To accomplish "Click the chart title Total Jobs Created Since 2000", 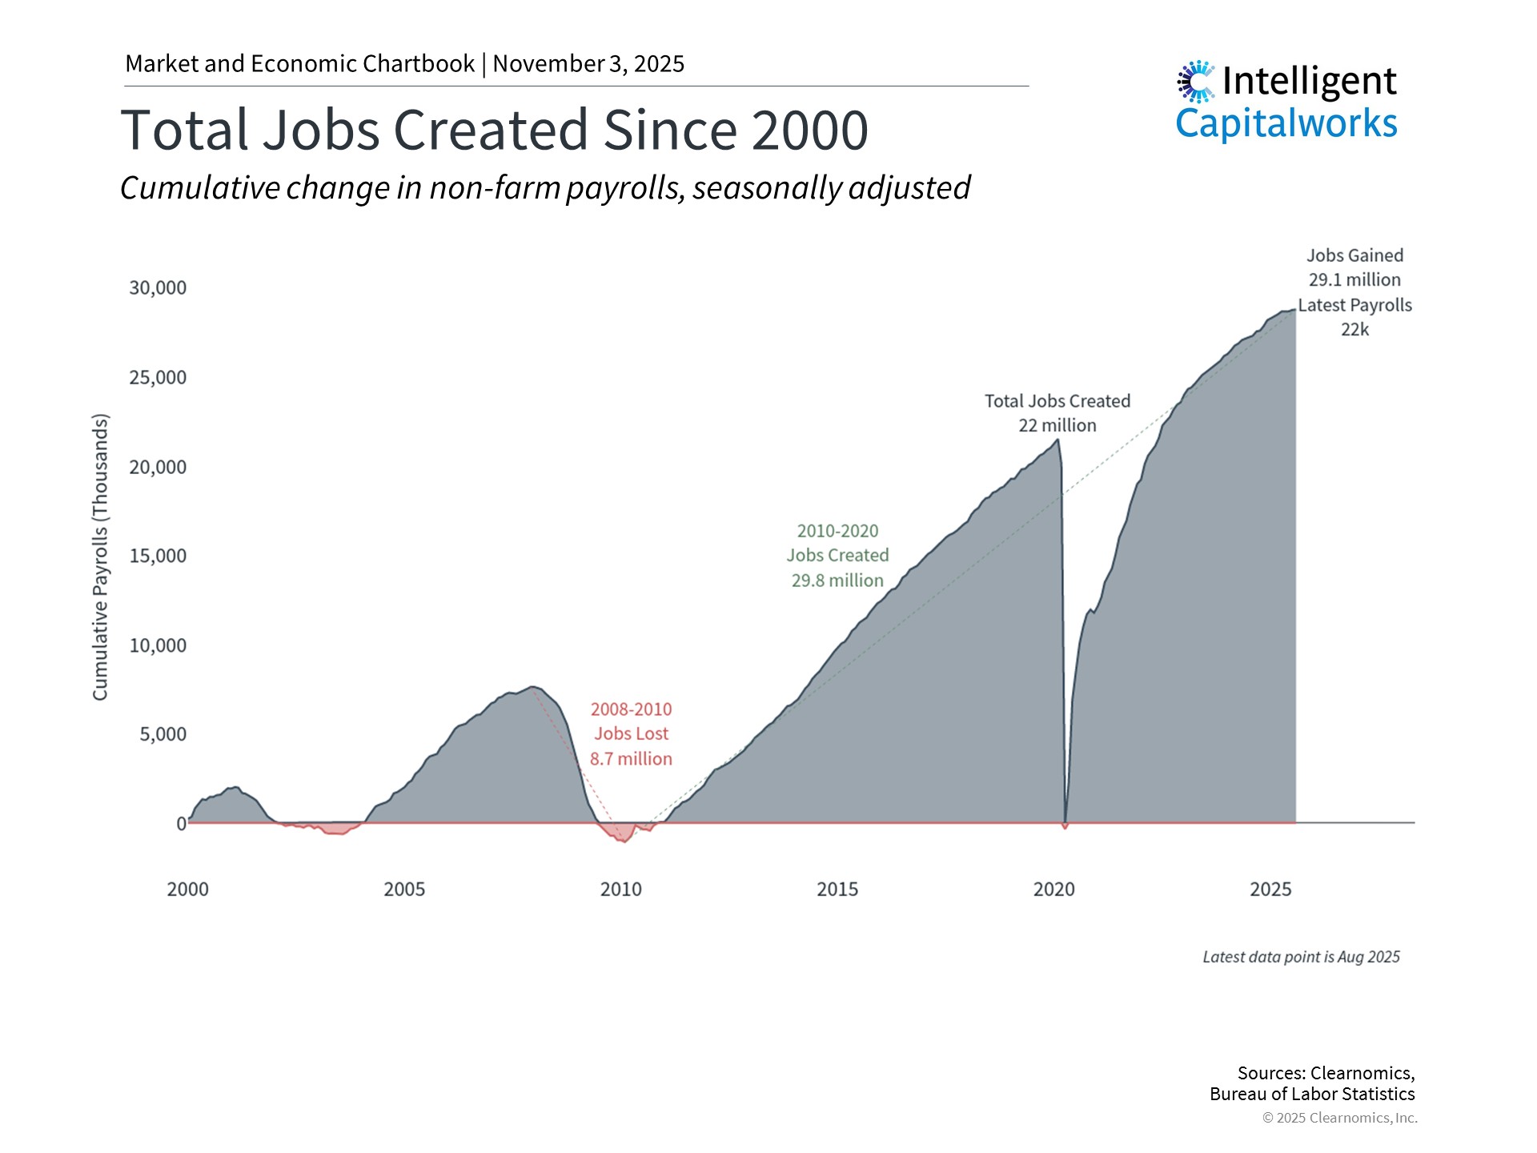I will coord(494,131).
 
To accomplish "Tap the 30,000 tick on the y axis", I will coord(158,288).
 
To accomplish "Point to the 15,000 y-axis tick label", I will coord(158,556).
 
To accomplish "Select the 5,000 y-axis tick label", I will coord(163,734).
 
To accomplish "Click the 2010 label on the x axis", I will coord(620,890).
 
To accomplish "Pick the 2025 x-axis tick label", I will coord(1270,890).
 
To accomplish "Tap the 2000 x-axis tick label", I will coord(187,890).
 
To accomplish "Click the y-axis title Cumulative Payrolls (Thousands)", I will coord(100,556).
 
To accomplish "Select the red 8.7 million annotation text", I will coord(631,759).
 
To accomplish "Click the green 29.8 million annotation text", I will coord(837,581).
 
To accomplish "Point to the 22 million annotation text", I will coord(1057,426).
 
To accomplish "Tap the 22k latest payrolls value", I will coord(1354,330).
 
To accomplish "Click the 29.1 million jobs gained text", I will coord(1354,280).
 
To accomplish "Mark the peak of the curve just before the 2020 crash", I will coord(1058,440).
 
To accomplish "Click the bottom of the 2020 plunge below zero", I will coord(1065,827).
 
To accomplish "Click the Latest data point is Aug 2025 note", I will coord(1301,957).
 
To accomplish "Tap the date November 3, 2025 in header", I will coord(588,64).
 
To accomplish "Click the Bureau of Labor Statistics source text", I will coord(1312,1095).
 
